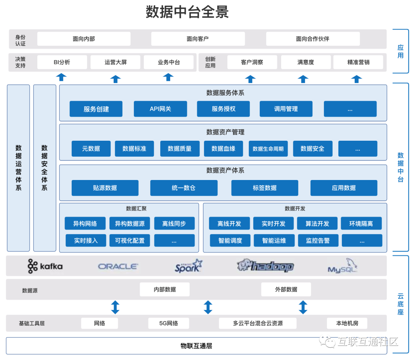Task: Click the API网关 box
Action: point(160,109)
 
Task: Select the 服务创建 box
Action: point(96,109)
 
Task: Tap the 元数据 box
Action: point(91,149)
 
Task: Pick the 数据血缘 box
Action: point(224,149)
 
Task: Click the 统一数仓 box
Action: point(183,188)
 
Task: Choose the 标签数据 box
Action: point(265,188)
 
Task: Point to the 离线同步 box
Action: point(174,223)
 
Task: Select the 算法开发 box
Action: point(317,223)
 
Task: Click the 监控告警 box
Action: point(318,241)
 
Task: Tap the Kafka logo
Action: point(45,266)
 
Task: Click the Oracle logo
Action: point(118,266)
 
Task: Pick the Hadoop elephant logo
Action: point(265,266)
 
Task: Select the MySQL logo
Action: point(343,266)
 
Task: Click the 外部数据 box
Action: point(286,289)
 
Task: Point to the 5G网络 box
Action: point(169,323)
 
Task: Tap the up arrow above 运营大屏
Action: point(115,79)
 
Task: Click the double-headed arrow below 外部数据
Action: point(303,307)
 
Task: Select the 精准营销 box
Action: point(358,62)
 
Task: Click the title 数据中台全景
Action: point(187,12)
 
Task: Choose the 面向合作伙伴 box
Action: point(313,39)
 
